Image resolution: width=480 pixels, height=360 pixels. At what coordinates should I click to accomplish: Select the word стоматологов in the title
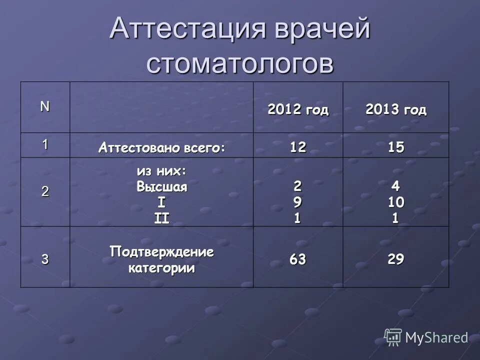pyautogui.click(x=240, y=64)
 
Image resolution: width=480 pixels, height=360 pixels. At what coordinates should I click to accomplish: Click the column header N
pyautogui.click(x=45, y=106)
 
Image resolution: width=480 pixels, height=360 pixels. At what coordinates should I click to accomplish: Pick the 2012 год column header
pyautogui.click(x=298, y=110)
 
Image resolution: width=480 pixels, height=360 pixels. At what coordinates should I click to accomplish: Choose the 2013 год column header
pyautogui.click(x=395, y=110)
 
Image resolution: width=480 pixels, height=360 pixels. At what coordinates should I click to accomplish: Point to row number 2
pyautogui.click(x=45, y=191)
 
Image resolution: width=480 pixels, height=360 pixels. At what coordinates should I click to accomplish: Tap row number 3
pyautogui.click(x=45, y=259)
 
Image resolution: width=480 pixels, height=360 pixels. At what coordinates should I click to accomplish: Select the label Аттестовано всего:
pyautogui.click(x=161, y=148)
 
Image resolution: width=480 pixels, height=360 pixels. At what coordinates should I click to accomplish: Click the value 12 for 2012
pyautogui.click(x=298, y=147)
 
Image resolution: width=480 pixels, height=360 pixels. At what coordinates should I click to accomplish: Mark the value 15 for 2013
pyautogui.click(x=395, y=147)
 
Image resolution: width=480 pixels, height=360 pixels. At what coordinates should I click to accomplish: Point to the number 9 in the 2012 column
pyautogui.click(x=298, y=202)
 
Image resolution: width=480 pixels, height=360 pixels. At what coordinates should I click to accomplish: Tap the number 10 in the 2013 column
pyautogui.click(x=395, y=202)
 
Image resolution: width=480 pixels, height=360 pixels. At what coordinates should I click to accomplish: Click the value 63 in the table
pyautogui.click(x=298, y=259)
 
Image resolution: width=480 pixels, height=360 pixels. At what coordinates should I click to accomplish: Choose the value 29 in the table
pyautogui.click(x=395, y=259)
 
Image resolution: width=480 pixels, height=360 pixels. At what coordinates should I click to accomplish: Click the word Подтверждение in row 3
pyautogui.click(x=161, y=252)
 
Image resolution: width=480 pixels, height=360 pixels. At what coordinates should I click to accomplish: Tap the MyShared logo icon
pyautogui.click(x=393, y=337)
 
